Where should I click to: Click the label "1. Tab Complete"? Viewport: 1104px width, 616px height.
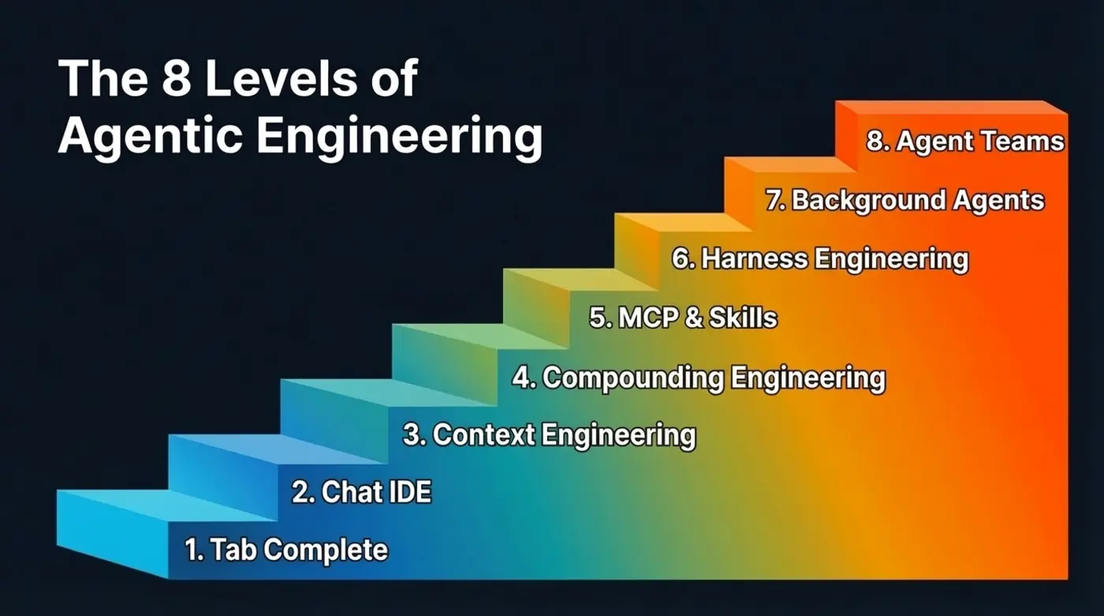tap(286, 550)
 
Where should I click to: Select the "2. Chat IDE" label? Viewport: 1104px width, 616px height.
tap(362, 492)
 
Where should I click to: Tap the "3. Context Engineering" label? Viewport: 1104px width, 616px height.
tap(549, 435)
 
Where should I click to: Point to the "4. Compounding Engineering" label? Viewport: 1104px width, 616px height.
tap(699, 377)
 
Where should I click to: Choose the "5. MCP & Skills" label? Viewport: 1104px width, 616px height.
tap(683, 317)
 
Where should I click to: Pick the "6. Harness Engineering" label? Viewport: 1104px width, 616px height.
tap(820, 258)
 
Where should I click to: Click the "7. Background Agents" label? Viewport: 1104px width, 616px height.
tap(904, 200)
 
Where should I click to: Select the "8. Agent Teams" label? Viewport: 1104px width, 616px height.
tap(965, 142)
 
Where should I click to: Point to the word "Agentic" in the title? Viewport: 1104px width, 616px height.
tap(149, 136)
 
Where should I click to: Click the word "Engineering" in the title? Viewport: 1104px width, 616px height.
tap(399, 138)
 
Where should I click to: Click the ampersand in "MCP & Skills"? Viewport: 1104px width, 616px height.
tap(695, 317)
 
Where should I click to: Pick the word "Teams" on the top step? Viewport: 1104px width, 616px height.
tap(1023, 142)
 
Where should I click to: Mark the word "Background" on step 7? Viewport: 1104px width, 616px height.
tap(867, 200)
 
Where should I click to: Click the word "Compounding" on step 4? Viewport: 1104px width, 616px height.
tap(633, 377)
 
